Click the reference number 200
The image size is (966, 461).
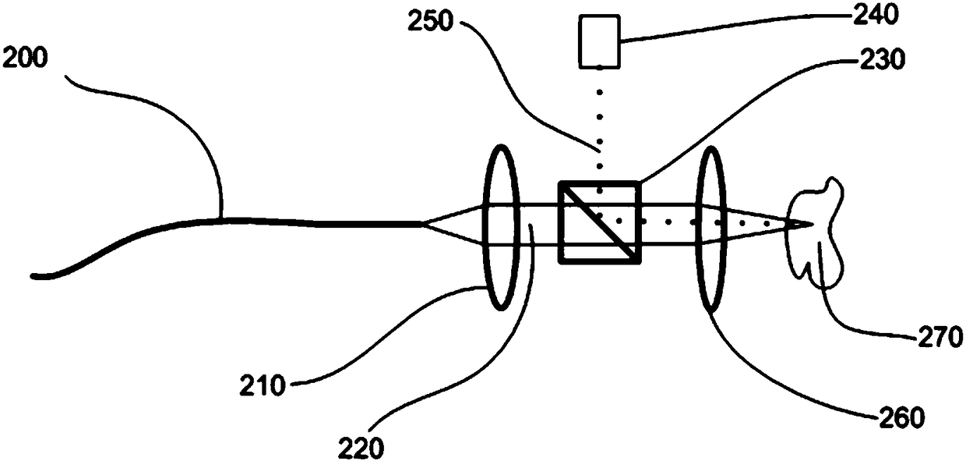(26, 58)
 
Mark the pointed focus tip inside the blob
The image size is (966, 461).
(810, 225)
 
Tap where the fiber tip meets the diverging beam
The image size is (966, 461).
(423, 224)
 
